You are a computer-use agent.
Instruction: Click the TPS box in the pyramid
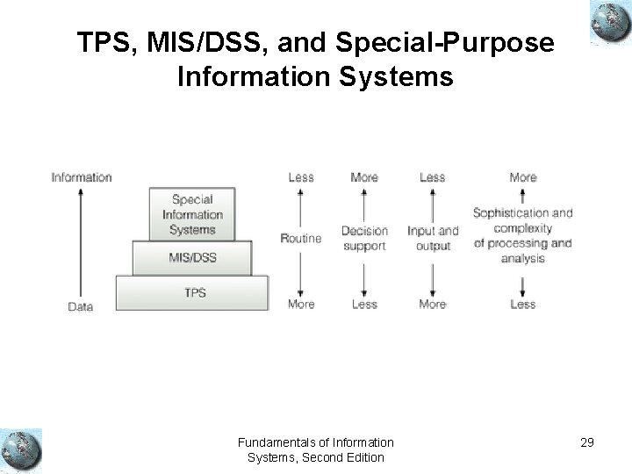pos(192,291)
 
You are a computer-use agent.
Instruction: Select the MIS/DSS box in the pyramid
pos(192,258)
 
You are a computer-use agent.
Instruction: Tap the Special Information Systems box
pos(192,214)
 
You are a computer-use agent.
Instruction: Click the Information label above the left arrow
pos(82,176)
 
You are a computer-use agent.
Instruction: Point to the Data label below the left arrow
pos(81,307)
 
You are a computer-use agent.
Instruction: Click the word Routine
pos(300,238)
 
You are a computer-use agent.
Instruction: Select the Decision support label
pos(364,239)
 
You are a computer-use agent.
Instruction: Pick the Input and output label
pos(433,239)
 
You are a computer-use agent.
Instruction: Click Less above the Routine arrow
pos(300,177)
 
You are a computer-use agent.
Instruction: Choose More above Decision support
pos(364,177)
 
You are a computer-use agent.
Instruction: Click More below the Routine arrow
pos(300,304)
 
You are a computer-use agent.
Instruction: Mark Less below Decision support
pos(364,304)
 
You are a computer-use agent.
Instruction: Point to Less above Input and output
pos(433,177)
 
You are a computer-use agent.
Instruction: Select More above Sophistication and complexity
pos(522,177)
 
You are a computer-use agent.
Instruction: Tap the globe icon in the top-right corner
pos(607,20)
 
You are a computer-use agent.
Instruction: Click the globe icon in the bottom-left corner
pos(21,449)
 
